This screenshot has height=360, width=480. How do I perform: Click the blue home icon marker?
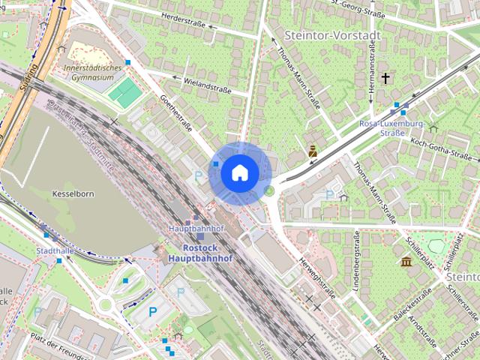pos(239,173)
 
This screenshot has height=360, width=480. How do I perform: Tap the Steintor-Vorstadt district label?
pos(333,35)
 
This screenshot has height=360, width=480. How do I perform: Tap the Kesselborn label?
pos(73,193)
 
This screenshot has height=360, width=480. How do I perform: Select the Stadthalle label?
pos(53,250)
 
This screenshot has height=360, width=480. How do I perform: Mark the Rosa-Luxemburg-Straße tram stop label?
pos(392,127)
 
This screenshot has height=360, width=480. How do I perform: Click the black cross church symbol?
pos(385,77)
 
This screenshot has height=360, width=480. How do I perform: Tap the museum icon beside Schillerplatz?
pos(406,262)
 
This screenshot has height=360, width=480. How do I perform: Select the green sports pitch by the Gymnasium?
pos(124,93)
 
